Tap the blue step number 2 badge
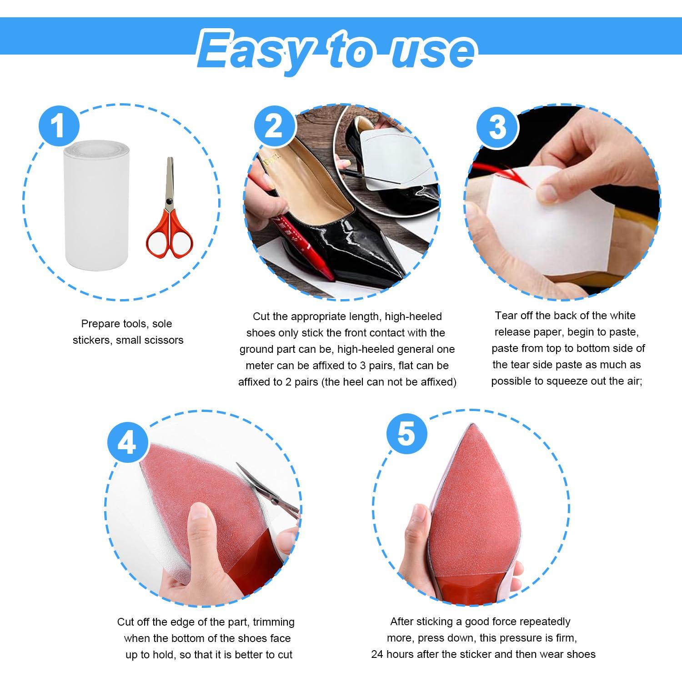(274, 126)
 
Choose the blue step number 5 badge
(406, 432)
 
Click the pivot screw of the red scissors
(169, 201)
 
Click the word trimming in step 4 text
(274, 622)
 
